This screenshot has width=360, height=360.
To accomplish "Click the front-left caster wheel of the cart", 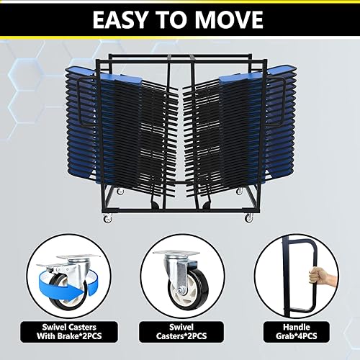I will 108,217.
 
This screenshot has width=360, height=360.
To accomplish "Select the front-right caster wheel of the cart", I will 249,217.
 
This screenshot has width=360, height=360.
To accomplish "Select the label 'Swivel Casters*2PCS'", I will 180,334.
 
